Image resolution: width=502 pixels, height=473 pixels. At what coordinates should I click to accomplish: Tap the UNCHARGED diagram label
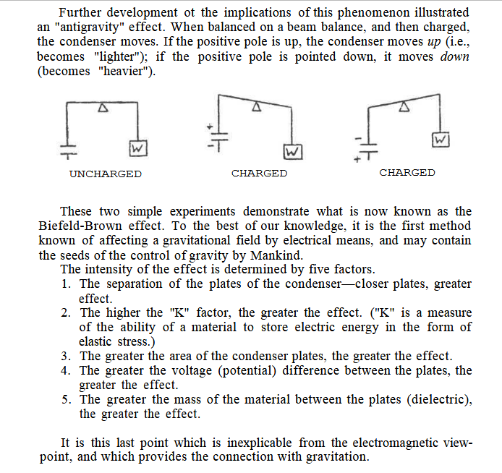point(106,174)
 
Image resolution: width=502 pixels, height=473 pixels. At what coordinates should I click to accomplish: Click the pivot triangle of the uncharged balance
point(103,108)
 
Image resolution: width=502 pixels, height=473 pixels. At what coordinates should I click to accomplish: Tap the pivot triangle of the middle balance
point(255,106)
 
